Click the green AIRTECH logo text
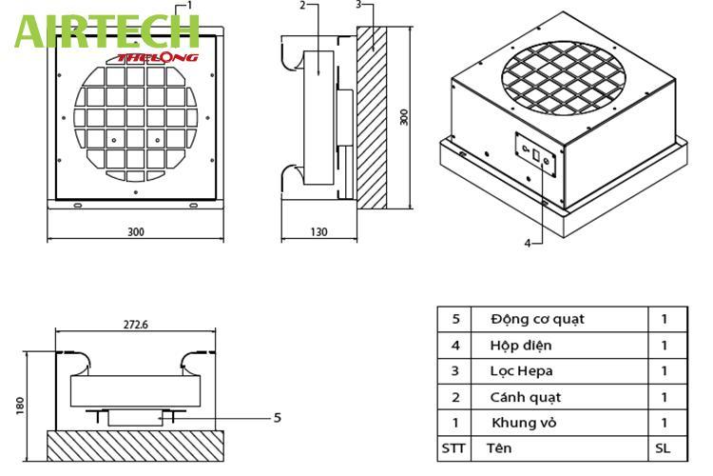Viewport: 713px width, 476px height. coord(106,30)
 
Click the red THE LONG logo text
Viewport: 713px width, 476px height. coord(158,57)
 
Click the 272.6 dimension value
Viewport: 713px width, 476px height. coord(136,324)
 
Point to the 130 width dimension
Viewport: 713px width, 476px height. coord(318,231)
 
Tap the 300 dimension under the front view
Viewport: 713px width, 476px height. coord(136,231)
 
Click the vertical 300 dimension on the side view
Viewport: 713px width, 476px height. coord(404,117)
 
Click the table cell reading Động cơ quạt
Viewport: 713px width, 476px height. coord(537,319)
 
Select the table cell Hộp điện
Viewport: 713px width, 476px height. coord(521,346)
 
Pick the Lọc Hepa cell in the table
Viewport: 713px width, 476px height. coord(522,371)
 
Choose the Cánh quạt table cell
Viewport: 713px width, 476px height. coord(526,397)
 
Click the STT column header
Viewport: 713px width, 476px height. coord(453,446)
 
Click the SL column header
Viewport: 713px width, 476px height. coord(663,446)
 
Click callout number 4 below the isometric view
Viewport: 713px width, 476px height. coord(528,243)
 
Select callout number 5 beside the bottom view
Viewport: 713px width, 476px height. coord(278,417)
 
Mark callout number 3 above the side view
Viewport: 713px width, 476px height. coord(357,5)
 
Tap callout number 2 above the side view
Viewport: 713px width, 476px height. coord(302,5)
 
